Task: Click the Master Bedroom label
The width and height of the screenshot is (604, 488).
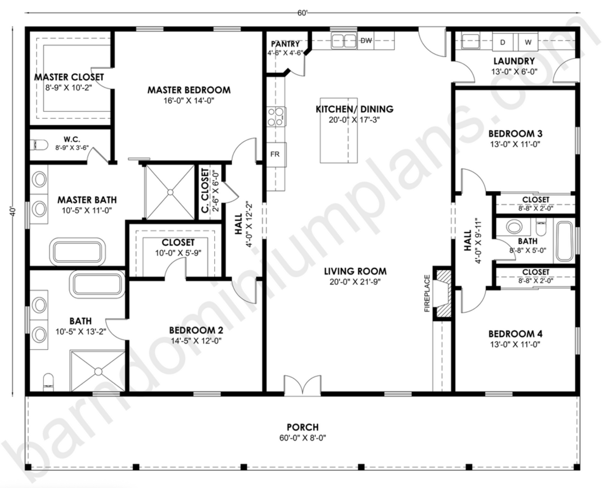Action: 189,90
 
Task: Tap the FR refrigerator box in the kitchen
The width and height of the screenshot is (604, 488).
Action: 275,154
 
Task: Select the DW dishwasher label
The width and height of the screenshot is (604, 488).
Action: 366,40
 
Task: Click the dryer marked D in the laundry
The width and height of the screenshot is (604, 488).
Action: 503,42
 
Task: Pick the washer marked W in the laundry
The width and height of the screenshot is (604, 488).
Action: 528,42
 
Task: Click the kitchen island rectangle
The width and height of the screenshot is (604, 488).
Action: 339,130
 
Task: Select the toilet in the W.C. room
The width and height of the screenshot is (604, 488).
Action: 39,145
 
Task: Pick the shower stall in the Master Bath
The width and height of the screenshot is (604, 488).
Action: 170,192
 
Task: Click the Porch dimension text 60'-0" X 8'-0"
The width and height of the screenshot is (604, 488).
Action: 303,438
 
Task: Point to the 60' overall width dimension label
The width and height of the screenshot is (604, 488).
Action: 302,13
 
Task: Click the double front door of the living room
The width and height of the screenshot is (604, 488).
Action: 302,385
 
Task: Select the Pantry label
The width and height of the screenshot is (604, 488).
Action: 285,44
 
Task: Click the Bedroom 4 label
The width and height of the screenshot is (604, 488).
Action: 515,334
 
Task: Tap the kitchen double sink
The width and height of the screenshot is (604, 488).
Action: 344,41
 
